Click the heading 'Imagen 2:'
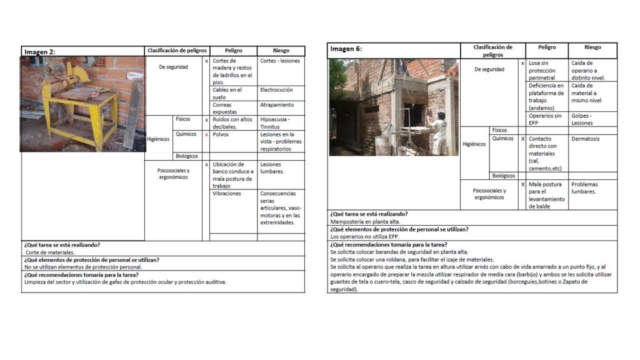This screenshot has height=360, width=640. [x=40, y=52]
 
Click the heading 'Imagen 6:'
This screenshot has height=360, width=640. [x=346, y=49]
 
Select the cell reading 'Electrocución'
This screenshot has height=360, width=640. [x=276, y=90]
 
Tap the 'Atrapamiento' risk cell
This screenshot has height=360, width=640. [x=277, y=105]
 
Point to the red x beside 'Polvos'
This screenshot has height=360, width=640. [x=206, y=134]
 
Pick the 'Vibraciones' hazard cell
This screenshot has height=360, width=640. [x=227, y=194]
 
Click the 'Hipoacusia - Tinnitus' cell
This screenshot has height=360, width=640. [x=275, y=122]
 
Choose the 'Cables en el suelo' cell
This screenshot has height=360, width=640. [x=227, y=93]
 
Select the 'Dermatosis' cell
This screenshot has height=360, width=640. [x=585, y=139]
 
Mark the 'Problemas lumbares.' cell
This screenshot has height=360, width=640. [x=584, y=187]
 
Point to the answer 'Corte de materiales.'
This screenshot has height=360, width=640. [x=50, y=252]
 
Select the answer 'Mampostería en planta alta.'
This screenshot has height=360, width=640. [x=366, y=221]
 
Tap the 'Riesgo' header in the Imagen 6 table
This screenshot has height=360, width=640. [x=592, y=47]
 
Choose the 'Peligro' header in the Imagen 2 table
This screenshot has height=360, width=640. [x=232, y=51]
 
